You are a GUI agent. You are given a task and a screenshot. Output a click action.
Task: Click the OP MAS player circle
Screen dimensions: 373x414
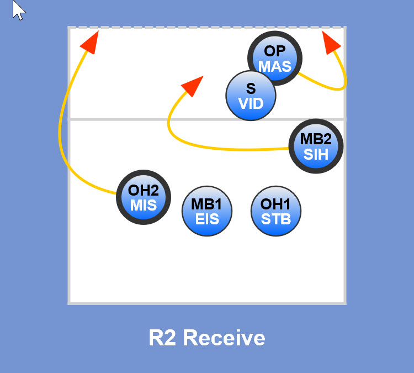[x=275, y=58]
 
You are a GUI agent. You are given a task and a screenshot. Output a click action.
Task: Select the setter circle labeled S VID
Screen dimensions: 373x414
[x=251, y=96]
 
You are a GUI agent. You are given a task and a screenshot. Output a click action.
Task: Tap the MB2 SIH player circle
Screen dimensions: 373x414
[x=316, y=146]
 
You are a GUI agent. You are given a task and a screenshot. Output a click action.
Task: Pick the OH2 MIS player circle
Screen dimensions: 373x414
[x=144, y=197]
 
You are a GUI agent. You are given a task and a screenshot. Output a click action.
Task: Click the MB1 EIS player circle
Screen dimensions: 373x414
[x=207, y=211]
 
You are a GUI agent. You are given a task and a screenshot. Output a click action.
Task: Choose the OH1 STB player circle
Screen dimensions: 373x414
[x=276, y=211]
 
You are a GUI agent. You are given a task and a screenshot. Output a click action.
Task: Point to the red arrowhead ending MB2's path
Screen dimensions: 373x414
[x=192, y=86]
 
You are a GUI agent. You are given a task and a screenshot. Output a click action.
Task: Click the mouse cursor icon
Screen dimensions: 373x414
[x=19, y=10]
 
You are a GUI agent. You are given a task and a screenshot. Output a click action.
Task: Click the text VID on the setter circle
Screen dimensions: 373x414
[x=251, y=103]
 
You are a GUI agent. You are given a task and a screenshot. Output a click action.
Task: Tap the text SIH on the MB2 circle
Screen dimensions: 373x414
[x=316, y=154]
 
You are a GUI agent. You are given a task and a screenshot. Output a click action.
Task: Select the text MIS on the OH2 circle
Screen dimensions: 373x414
[x=144, y=205]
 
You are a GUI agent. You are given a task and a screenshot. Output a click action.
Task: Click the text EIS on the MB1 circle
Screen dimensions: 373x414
[x=207, y=219]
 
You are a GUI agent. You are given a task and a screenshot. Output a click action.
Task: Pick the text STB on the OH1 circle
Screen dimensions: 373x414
[x=276, y=219]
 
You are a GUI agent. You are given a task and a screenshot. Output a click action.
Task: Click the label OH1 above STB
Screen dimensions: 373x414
[x=276, y=204]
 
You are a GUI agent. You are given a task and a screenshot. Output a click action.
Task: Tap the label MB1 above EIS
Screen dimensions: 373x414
[x=207, y=204]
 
